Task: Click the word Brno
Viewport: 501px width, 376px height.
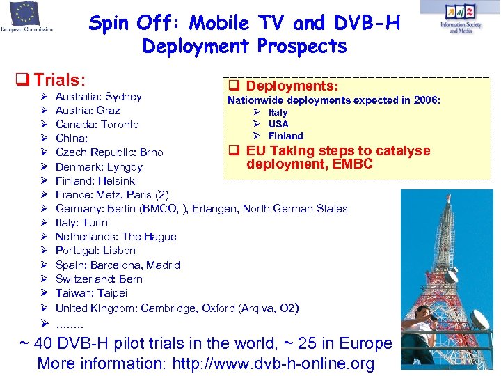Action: click(151, 152)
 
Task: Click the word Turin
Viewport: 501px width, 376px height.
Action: click(95, 222)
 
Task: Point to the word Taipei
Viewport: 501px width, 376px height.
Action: click(111, 292)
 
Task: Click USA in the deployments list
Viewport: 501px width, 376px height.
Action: click(278, 124)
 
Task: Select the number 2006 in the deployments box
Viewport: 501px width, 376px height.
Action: click(426, 100)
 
